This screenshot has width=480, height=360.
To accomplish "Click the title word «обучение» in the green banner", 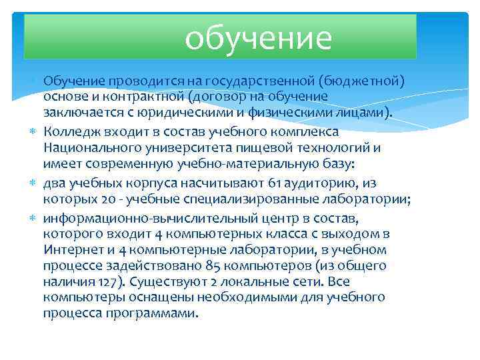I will [258, 38].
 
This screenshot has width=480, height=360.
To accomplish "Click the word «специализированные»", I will [259, 199].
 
